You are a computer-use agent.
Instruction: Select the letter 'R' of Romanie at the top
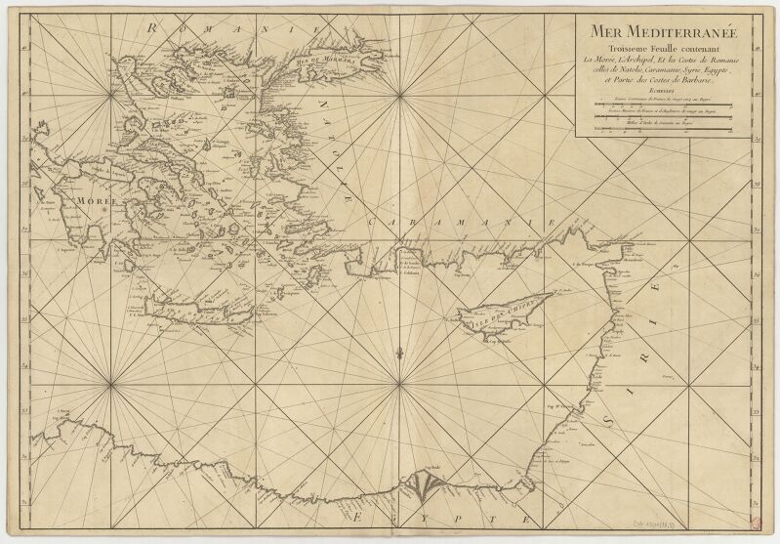[x=152, y=27]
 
